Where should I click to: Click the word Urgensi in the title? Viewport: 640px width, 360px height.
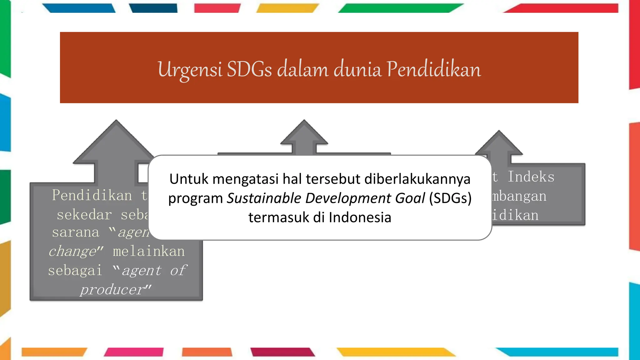pyautogui.click(x=190, y=69)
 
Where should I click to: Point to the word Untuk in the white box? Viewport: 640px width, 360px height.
pyautogui.click(x=189, y=179)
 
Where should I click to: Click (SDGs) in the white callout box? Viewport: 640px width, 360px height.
pyautogui.click(x=450, y=198)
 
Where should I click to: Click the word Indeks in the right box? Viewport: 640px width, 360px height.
pyautogui.click(x=531, y=177)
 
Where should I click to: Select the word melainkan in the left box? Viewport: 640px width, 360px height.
pyautogui.click(x=149, y=251)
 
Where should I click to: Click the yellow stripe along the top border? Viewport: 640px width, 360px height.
pyautogui.click(x=287, y=8)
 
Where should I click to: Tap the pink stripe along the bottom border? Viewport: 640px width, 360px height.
pyautogui.click(x=134, y=352)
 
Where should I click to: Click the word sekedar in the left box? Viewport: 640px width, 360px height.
pyautogui.click(x=84, y=215)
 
